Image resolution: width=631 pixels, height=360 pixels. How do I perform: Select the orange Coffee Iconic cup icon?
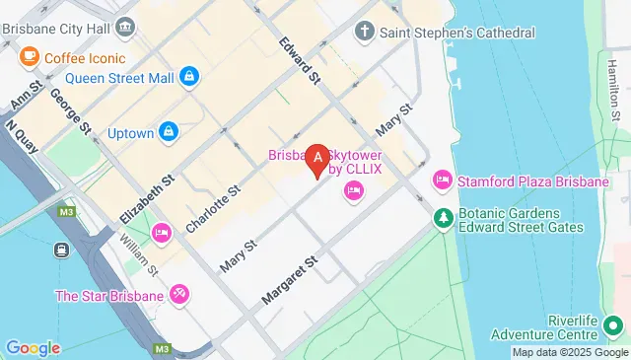tap(28, 56)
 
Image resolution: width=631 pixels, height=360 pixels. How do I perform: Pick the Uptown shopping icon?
tap(170, 132)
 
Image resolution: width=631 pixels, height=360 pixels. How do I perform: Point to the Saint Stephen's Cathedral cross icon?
tap(365, 32)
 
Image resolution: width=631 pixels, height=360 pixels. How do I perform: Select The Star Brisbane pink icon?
tap(179, 294)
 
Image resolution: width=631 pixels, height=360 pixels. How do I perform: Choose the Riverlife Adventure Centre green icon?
tap(615, 323)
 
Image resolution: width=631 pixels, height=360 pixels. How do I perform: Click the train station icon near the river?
tap(61, 251)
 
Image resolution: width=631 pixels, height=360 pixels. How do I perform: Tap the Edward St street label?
tap(299, 59)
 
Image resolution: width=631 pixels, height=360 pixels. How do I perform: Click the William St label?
tap(139, 253)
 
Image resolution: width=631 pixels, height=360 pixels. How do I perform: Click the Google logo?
tap(33, 347)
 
